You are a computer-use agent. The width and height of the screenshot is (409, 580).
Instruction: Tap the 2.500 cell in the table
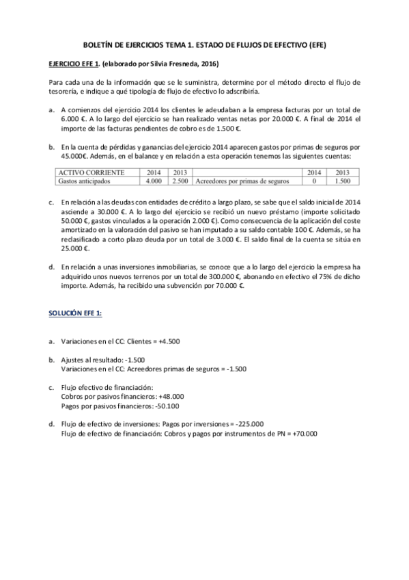tap(180, 181)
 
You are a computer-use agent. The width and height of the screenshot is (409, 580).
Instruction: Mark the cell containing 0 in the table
tap(314, 181)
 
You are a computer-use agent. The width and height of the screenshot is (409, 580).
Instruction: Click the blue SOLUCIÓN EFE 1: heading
tap(75, 313)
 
